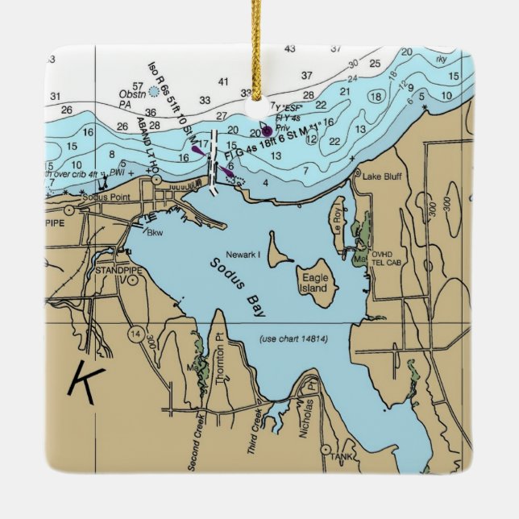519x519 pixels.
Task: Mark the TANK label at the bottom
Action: pyautogui.click(x=342, y=456)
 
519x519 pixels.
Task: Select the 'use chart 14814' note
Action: pyautogui.click(x=293, y=338)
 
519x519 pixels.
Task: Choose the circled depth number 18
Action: pyautogui.click(x=374, y=97)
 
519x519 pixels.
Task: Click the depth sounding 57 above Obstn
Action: pyautogui.click(x=138, y=86)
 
